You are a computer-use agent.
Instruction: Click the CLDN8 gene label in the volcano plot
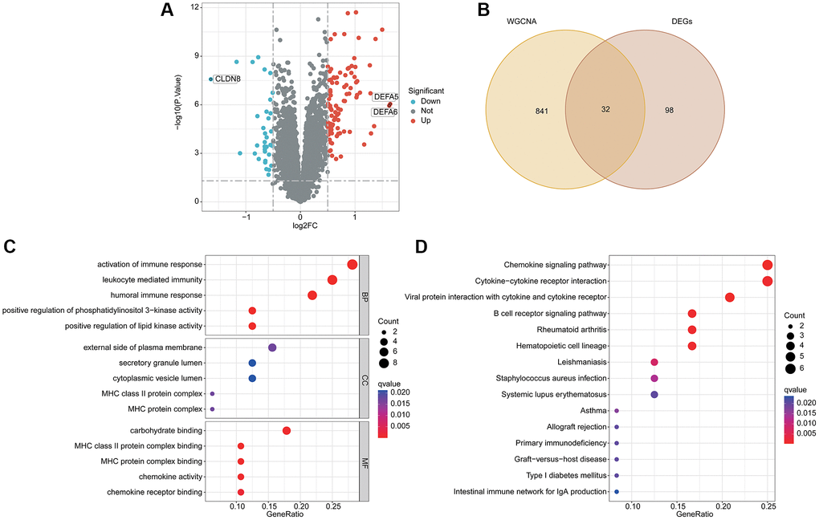click(228, 79)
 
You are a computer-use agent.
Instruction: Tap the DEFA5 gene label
click(386, 97)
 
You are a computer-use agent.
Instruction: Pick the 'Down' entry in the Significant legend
click(430, 101)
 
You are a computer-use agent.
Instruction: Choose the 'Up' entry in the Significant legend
click(426, 120)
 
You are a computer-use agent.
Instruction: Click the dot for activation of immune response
click(352, 265)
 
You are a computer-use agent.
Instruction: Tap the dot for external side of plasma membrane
click(272, 347)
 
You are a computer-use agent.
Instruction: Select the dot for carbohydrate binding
click(287, 431)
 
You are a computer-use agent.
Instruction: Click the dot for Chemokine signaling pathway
click(767, 266)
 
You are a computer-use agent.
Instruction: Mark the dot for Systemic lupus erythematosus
click(654, 395)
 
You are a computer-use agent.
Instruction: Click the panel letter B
click(483, 10)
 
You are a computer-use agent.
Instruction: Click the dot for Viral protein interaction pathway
click(730, 298)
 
